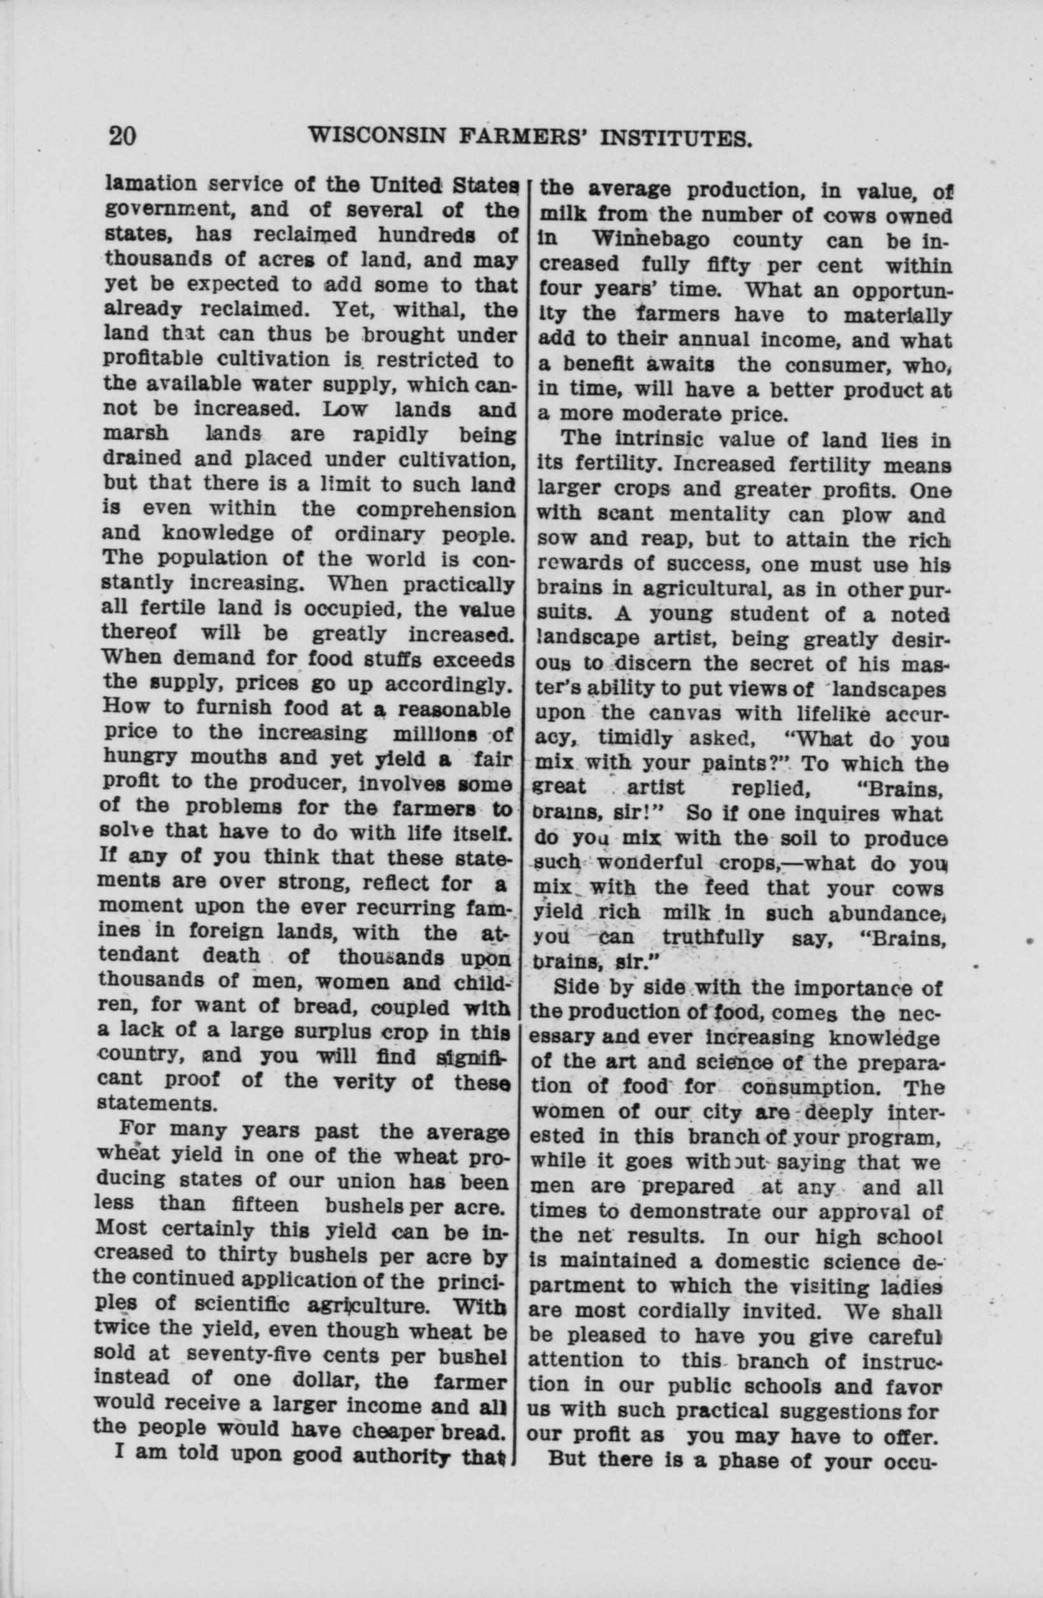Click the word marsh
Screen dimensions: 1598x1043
pyautogui.click(x=136, y=434)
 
